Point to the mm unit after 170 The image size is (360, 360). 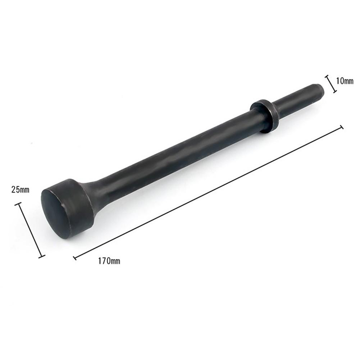[x=115, y=261]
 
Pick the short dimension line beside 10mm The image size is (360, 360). [x=331, y=84]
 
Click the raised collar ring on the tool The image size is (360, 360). [x=265, y=116]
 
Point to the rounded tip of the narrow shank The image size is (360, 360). [x=320, y=90]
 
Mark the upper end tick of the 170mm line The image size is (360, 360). [x=341, y=127]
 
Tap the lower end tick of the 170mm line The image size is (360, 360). [x=75, y=258]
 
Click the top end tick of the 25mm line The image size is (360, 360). [x=19, y=204]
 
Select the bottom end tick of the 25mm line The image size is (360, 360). [x=42, y=256]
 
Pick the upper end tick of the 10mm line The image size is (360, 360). [x=327, y=76]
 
